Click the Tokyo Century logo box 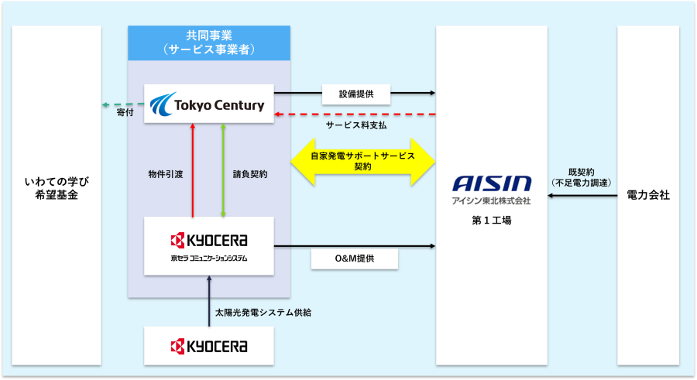pyautogui.click(x=209, y=104)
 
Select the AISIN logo pyautogui.click(x=493, y=184)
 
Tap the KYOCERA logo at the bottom pyautogui.click(x=209, y=345)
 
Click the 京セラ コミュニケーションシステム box pyautogui.click(x=209, y=246)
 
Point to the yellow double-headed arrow pyautogui.click(x=362, y=161)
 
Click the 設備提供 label pyautogui.click(x=355, y=94)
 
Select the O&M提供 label pyautogui.click(x=355, y=258)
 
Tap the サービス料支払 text pyautogui.click(x=355, y=125)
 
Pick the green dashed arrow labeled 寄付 pyautogui.click(x=122, y=104)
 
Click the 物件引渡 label pyautogui.click(x=164, y=174)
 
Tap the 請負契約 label pyautogui.click(x=250, y=174)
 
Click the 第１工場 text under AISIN pyautogui.click(x=492, y=221)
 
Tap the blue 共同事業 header pyautogui.click(x=209, y=43)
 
